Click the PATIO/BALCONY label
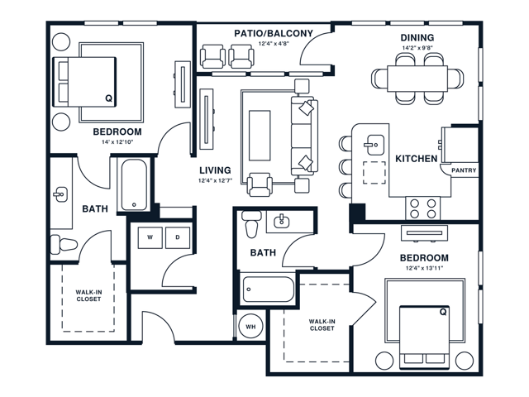pos(274,34)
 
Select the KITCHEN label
pos(416,158)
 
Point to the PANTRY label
pos(464,171)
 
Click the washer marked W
pos(150,237)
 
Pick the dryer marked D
pos(177,237)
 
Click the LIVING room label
pos(215,170)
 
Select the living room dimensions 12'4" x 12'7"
pos(215,181)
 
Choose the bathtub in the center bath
pos(267,291)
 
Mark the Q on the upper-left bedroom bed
pos(108,98)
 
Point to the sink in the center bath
pos(282,220)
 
